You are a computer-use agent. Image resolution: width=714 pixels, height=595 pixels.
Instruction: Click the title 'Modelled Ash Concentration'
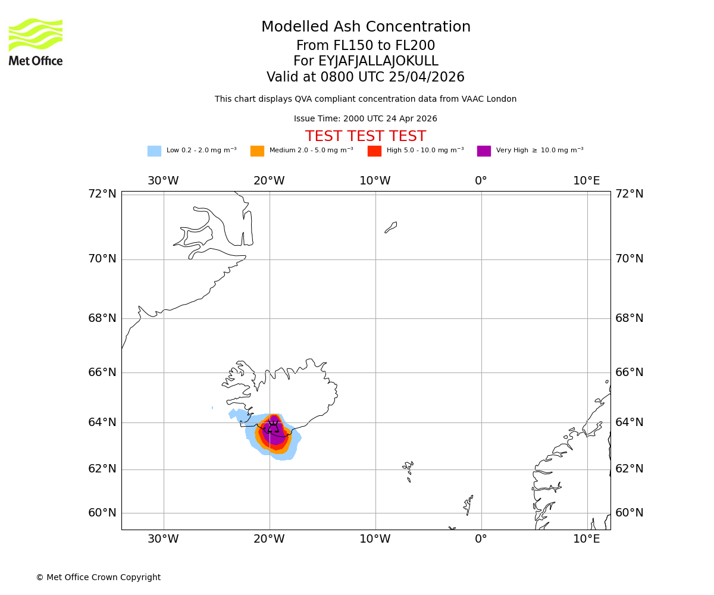(365, 27)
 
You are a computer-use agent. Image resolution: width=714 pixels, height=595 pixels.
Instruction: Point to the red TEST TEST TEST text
(365, 137)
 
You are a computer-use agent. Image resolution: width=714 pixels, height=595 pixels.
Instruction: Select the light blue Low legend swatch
(154, 151)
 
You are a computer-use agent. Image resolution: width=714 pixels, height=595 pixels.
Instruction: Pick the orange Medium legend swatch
(257, 151)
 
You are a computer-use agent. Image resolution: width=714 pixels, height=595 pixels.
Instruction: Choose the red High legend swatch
(374, 151)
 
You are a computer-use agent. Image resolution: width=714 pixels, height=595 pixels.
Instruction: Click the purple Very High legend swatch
(484, 151)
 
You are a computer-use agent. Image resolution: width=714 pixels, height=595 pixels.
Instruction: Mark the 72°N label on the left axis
(102, 194)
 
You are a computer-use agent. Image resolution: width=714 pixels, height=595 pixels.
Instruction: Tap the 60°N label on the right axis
(630, 513)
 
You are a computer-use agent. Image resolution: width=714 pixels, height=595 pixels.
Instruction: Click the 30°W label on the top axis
(163, 181)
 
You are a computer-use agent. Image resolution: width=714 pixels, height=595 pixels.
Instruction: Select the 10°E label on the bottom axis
(587, 539)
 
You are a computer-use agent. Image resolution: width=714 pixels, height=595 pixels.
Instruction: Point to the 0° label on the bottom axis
(481, 539)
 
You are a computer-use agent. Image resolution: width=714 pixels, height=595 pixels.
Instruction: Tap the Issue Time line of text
(365, 119)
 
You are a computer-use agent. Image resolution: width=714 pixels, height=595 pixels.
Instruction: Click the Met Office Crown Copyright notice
(98, 578)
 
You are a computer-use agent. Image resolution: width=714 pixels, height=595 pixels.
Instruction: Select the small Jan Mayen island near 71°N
(391, 227)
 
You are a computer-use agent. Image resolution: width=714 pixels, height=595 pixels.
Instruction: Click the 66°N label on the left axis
(102, 372)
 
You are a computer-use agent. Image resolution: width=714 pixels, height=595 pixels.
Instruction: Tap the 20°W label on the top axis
(269, 181)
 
